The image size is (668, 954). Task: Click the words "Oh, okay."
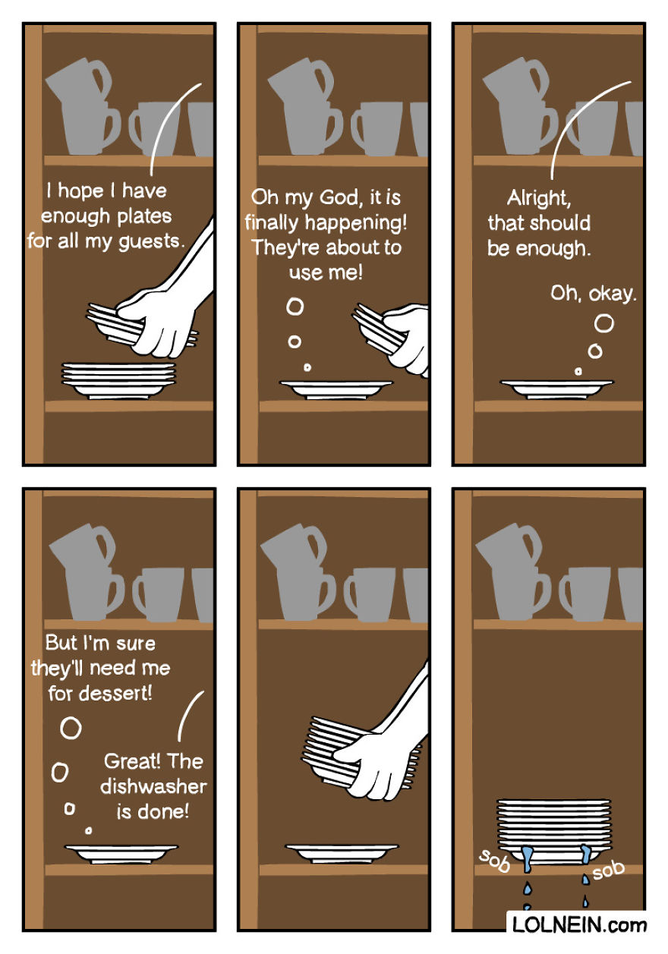coord(594,293)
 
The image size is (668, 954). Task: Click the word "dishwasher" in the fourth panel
coord(153,786)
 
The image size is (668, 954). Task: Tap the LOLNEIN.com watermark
coord(579,925)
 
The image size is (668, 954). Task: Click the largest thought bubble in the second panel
coord(295,307)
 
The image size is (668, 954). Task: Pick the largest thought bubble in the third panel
coord(604,324)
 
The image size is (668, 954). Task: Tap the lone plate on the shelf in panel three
coord(557,389)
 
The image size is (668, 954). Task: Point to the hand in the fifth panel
coord(376,767)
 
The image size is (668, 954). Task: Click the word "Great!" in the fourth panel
coord(131,760)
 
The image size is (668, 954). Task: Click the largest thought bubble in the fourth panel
coord(71,728)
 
